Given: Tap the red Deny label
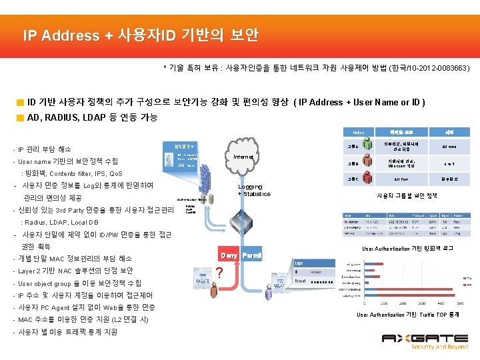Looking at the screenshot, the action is point(229,255).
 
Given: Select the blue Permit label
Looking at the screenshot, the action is point(251,255).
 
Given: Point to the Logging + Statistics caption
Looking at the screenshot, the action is point(254,191).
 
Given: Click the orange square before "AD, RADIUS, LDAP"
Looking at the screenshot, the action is point(20,118).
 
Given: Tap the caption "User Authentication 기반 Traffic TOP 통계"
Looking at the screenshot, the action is point(408,315).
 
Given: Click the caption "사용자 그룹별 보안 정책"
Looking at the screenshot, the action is point(407,195).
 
